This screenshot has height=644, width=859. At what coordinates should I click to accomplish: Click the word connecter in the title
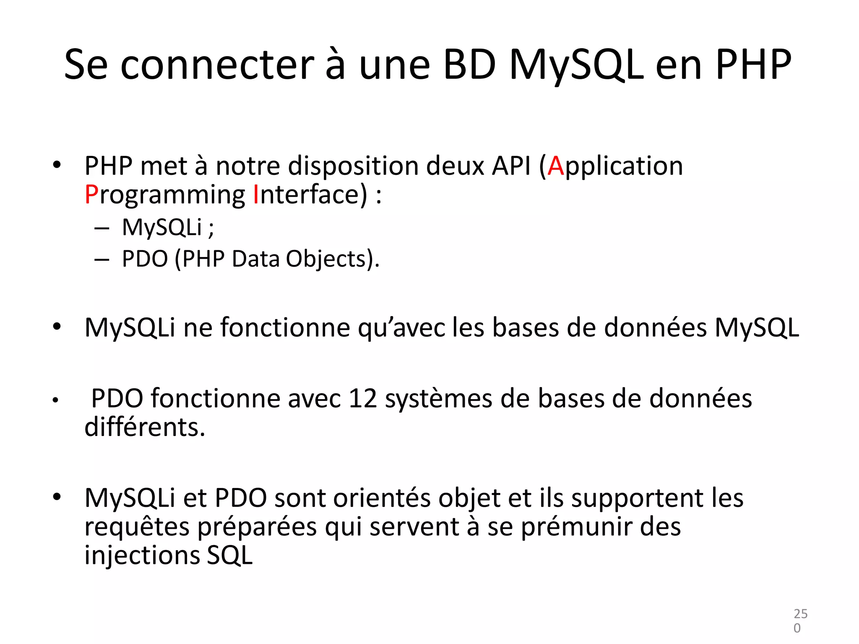(217, 65)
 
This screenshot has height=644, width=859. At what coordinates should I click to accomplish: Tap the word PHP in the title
(753, 65)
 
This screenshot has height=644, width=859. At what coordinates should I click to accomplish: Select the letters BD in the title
(470, 65)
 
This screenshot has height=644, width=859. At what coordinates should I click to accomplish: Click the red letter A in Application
(555, 166)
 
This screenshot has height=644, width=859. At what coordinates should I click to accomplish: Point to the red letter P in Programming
(91, 195)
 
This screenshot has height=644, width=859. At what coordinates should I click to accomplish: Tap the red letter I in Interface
(256, 195)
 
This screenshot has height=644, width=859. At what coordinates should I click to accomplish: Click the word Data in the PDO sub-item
(255, 259)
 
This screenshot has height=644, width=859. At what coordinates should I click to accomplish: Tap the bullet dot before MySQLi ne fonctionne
(57, 326)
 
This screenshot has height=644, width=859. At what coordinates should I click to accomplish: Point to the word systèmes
(438, 399)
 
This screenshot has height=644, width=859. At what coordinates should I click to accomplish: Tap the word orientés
(381, 498)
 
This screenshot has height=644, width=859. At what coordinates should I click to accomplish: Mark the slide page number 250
(800, 621)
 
